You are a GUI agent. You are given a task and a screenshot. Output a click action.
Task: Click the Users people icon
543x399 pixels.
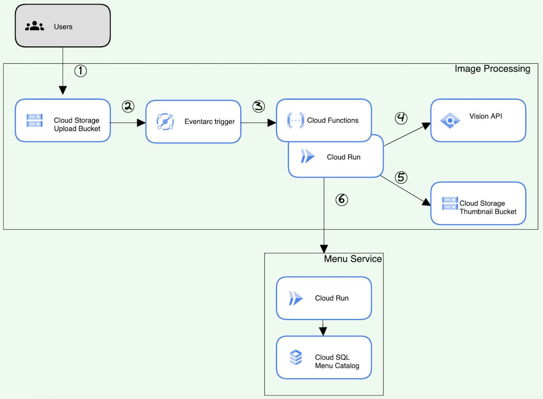pos(34,26)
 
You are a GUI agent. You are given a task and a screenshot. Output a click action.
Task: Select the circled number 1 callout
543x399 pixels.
pos(80,71)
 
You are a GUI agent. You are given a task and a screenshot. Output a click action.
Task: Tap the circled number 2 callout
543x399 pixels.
pos(128,107)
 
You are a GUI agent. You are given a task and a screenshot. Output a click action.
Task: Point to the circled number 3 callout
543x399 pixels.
pos(259,107)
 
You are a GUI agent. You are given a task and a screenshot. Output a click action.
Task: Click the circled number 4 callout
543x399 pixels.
pos(401,118)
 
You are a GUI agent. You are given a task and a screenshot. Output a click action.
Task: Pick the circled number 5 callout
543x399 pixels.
pos(401,177)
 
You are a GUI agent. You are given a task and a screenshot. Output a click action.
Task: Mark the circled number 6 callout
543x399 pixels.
pos(342,200)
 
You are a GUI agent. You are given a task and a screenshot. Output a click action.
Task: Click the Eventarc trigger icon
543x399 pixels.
pos(165,122)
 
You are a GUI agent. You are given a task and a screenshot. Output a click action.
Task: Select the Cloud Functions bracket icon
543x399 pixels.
pos(295,120)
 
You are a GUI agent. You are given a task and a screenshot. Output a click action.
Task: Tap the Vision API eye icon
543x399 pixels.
pos(450,121)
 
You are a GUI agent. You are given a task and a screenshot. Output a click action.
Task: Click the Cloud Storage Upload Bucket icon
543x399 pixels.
pos(34,120)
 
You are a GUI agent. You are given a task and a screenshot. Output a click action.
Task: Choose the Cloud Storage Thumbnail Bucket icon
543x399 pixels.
pos(450,204)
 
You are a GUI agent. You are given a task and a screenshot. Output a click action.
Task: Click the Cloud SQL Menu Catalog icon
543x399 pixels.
pos(296,357)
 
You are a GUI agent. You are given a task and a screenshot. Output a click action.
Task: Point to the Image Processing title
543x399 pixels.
pos(492,69)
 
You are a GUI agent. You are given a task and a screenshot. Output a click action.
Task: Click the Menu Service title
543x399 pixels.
pos(353,259)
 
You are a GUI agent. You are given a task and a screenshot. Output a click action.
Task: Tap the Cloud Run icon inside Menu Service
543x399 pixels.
pos(296,298)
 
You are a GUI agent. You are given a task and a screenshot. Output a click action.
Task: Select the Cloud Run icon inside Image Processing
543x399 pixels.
pos(307,156)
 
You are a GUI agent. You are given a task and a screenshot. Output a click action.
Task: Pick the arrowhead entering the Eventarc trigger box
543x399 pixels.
pos(141,123)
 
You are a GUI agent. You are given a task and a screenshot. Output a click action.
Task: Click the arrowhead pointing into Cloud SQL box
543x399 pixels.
pos(323,331)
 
